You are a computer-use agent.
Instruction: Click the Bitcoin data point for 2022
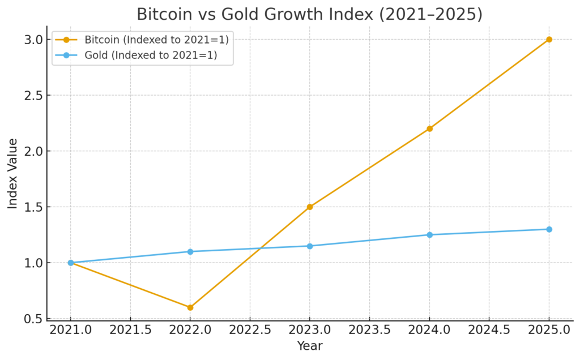pos(190,307)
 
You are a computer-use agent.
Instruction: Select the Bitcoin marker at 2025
pos(549,40)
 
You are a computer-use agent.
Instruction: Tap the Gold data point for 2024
pos(429,235)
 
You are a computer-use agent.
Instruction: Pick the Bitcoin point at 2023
pos(310,207)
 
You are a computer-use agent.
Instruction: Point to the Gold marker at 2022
pos(190,251)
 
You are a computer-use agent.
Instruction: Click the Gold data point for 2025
pos(549,229)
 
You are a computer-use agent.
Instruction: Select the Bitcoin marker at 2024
pos(429,128)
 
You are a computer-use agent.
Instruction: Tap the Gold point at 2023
pos(310,246)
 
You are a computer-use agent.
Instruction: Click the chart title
pos(310,14)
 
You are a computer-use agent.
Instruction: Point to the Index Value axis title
pos(12,173)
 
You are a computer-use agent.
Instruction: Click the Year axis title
pos(310,345)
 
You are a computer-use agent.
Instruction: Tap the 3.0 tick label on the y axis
pos(33,40)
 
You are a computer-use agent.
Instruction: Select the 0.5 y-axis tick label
pos(33,319)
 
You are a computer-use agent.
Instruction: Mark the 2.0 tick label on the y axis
pos(33,151)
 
